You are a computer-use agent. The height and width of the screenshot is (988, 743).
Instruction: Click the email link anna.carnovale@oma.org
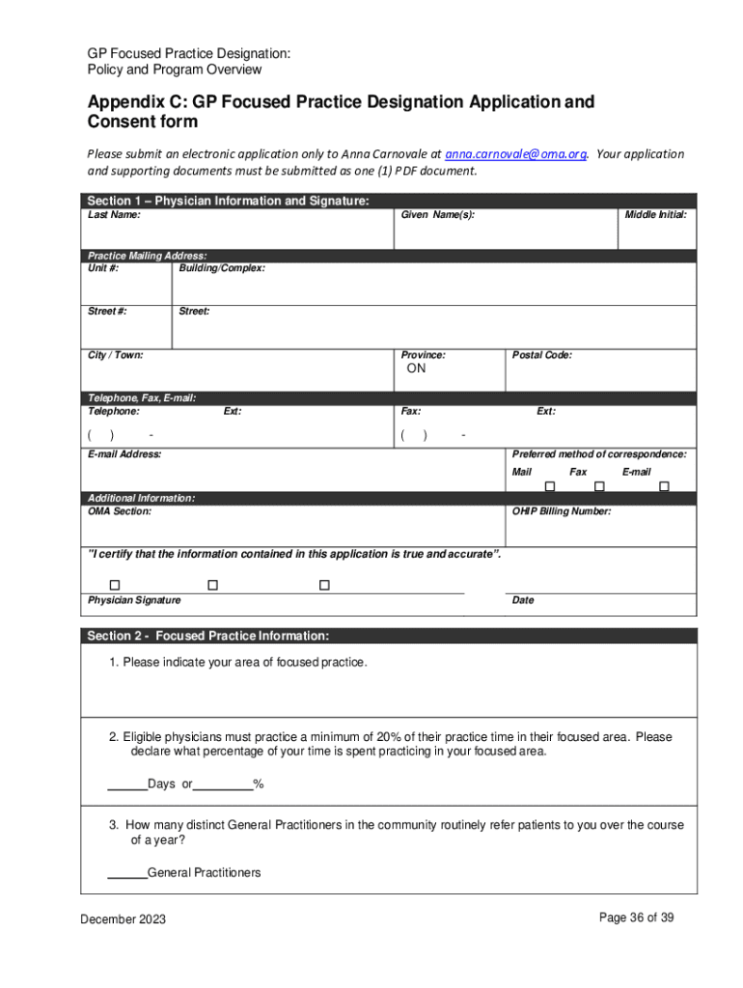coord(515,154)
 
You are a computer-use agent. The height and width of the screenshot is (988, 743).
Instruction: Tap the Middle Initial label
coord(655,215)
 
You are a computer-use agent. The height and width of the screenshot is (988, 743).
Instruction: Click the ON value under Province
coord(416,369)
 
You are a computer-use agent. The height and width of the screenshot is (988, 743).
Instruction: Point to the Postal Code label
coord(541,355)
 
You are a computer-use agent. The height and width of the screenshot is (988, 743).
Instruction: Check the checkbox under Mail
coord(550,486)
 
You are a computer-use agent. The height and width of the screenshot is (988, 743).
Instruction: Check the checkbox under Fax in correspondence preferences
coord(599,486)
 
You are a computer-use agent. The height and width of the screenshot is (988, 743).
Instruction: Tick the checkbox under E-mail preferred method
coord(664,486)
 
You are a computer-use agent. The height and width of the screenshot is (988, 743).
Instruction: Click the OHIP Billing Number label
coord(561,511)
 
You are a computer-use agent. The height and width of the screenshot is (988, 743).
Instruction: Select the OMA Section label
coord(120,511)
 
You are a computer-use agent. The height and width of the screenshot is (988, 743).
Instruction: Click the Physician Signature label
coord(134,600)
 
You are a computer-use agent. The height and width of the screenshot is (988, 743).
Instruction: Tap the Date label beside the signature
coord(523,600)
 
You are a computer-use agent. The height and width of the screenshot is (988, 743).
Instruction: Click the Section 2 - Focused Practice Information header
coord(207,636)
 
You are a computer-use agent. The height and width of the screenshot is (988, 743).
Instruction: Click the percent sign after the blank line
coord(259,784)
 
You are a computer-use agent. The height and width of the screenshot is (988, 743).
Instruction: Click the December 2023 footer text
coord(123,919)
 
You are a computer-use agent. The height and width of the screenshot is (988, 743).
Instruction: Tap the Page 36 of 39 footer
coord(636,918)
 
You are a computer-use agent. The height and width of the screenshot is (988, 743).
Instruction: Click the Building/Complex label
coord(222,268)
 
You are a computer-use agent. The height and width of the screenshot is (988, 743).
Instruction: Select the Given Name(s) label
coord(437,215)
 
